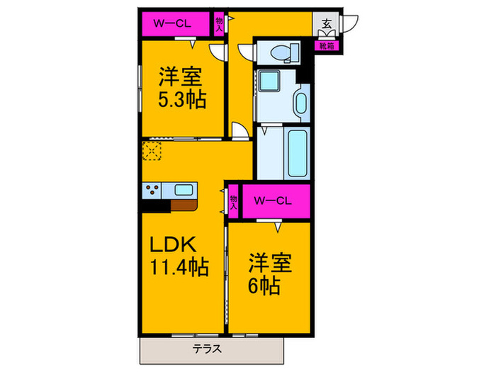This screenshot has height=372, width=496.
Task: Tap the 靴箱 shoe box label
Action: (x=326, y=46)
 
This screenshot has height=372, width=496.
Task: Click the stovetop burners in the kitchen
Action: (x=152, y=190)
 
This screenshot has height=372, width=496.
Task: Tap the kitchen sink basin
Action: (x=182, y=190)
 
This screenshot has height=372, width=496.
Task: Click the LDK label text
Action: (x=171, y=244)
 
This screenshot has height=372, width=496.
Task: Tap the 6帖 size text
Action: (x=264, y=286)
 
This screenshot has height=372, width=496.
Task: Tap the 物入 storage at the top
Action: (x=220, y=24)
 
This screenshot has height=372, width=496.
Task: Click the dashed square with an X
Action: (x=152, y=151)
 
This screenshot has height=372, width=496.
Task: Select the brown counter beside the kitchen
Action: (x=186, y=205)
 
